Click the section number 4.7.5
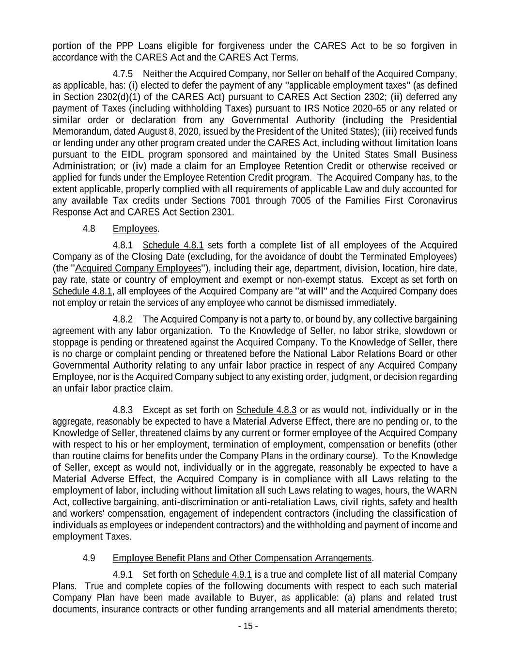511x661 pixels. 123,74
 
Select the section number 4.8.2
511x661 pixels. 123,319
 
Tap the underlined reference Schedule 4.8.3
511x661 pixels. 266,410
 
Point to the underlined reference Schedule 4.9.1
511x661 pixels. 222,575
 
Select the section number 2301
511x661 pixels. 221,212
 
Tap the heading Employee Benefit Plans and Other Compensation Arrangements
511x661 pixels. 242,558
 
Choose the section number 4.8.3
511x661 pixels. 123,410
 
